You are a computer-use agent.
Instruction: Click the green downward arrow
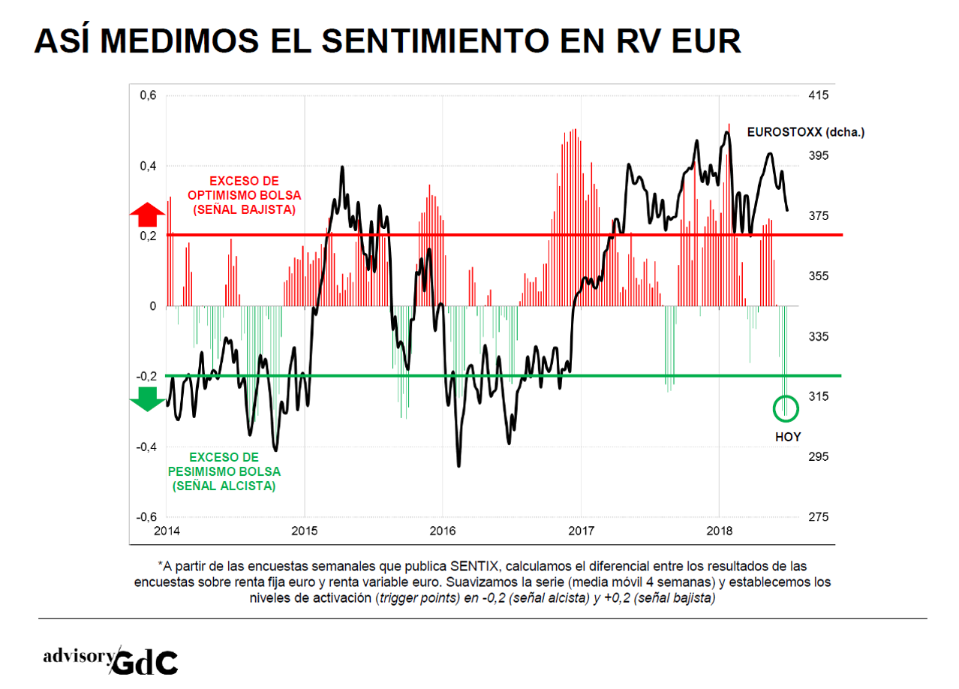click(x=147, y=399)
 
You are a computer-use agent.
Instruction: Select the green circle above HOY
click(x=786, y=408)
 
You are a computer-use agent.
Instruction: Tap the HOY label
click(x=787, y=436)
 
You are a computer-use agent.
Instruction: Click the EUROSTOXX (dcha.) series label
click(x=805, y=132)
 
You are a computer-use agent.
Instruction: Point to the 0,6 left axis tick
click(x=148, y=95)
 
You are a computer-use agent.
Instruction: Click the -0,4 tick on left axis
click(x=146, y=447)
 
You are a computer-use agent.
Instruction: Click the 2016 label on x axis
click(x=443, y=532)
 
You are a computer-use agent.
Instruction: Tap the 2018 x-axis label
click(x=720, y=532)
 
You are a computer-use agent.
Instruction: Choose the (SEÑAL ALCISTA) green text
click(x=224, y=486)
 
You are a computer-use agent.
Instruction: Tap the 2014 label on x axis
click(x=167, y=532)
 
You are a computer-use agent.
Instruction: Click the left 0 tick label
click(x=152, y=306)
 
